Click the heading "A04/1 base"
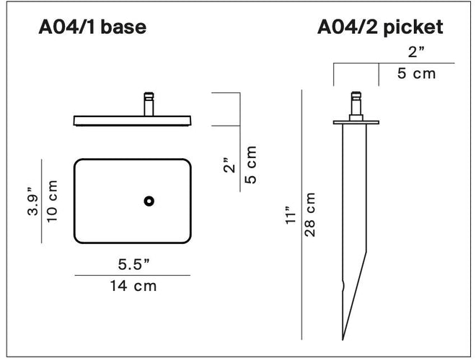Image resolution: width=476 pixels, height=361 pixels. (92, 28)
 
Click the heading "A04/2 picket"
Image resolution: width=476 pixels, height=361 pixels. (380, 28)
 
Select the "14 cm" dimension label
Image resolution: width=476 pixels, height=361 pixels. (133, 286)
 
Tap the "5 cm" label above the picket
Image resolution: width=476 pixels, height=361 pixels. (417, 74)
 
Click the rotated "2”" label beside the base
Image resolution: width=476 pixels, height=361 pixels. (229, 166)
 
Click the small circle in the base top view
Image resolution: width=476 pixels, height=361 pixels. (149, 201)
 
